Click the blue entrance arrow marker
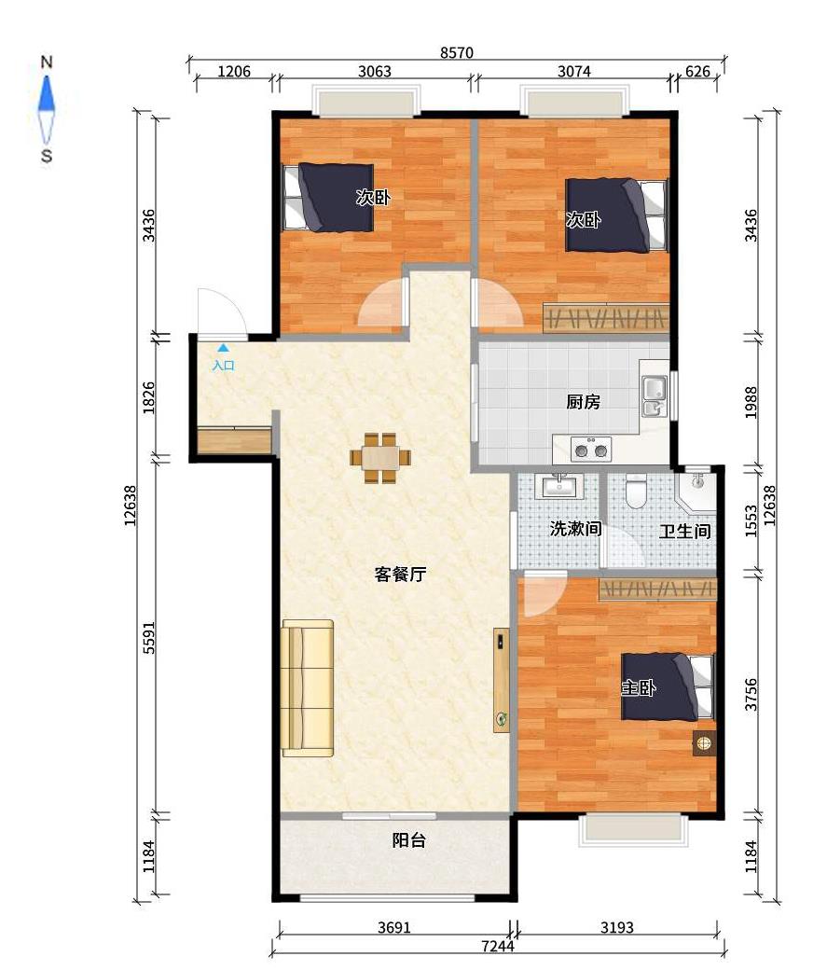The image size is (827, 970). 222,348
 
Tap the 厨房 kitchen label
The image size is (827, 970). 583,403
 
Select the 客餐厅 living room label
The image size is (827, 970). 400,575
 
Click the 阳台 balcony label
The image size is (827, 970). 408,840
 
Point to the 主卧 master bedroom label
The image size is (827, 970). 639,689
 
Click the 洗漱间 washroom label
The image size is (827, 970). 574,529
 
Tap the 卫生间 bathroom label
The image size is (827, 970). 685,532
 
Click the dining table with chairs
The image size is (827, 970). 380,457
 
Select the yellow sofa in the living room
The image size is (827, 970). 308,687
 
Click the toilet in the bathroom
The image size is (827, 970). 637,491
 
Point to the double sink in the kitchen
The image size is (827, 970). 655,396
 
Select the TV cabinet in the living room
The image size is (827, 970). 502,680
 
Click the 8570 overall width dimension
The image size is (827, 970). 457,53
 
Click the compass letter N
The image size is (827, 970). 46,62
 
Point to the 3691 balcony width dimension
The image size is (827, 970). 395,928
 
